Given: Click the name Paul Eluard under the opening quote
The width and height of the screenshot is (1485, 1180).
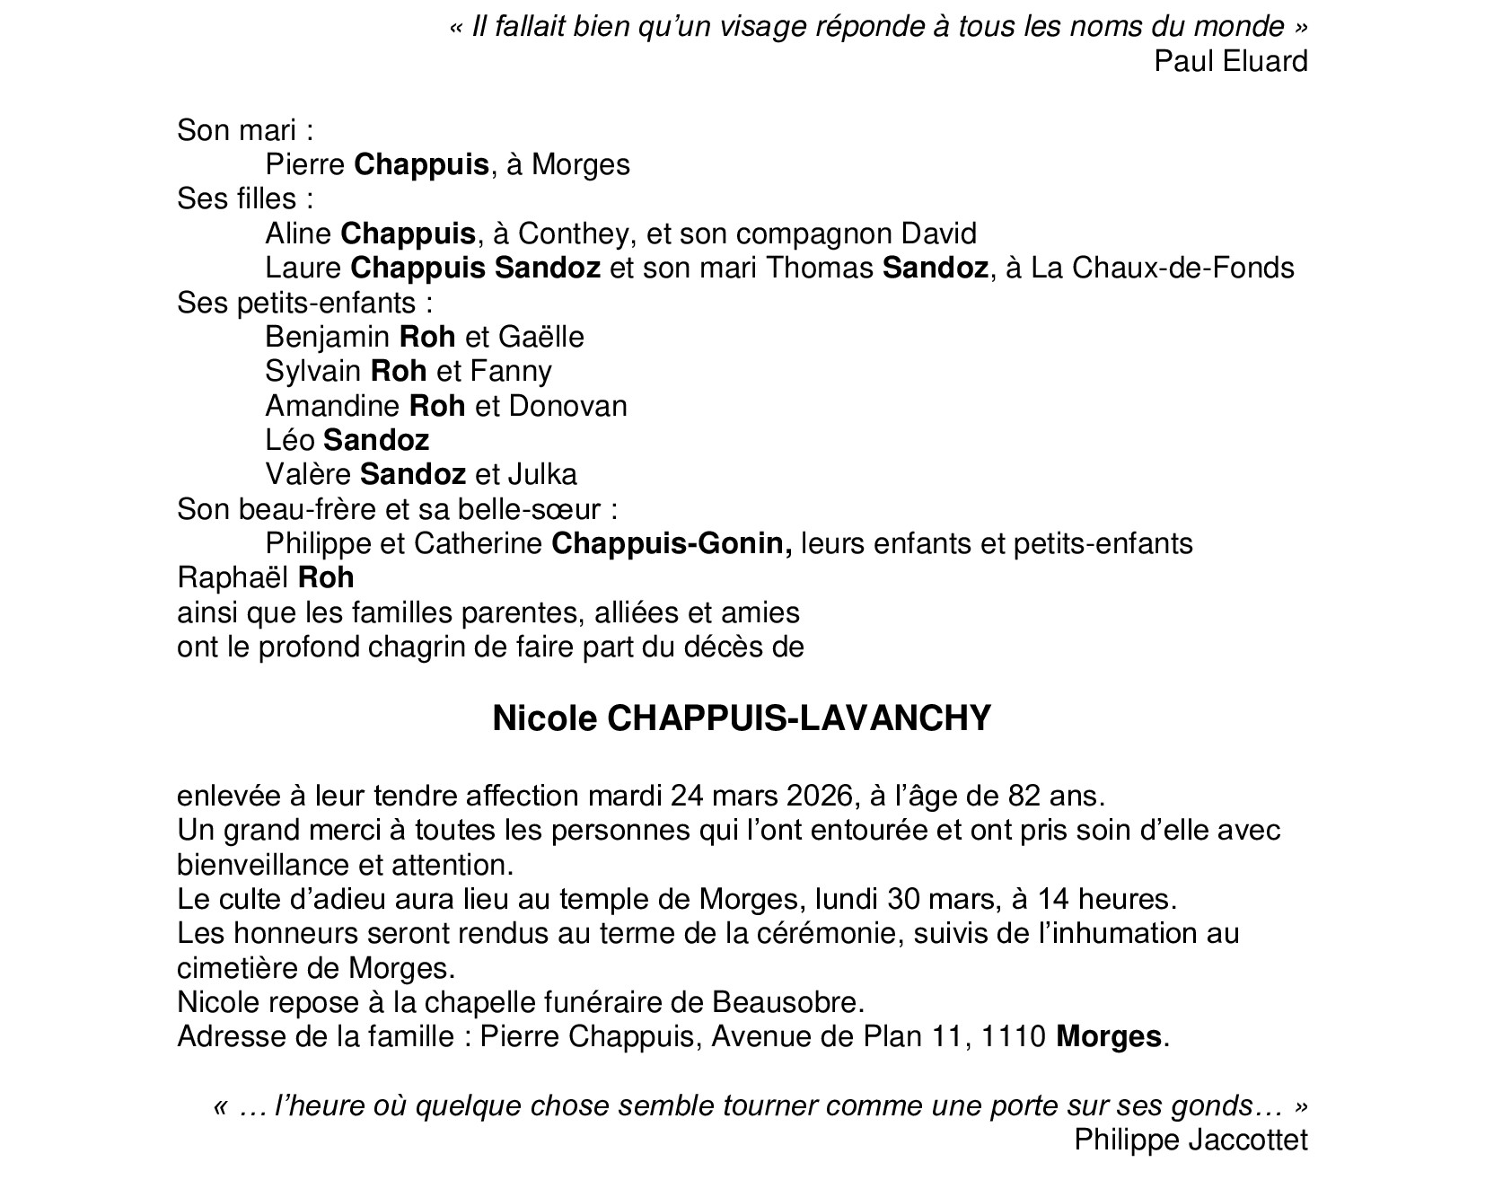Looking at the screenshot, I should coord(1230,61).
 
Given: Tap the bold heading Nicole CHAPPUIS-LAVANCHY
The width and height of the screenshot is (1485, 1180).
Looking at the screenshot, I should coord(742,718).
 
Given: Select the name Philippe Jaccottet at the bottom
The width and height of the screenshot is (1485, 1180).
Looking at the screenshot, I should coord(1191,1140).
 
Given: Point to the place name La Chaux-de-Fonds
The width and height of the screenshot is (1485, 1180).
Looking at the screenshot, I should coord(1163,268).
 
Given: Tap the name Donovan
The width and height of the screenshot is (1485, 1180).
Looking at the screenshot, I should coord(567,406).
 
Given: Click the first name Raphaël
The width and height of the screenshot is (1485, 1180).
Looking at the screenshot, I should coord(233,577).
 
